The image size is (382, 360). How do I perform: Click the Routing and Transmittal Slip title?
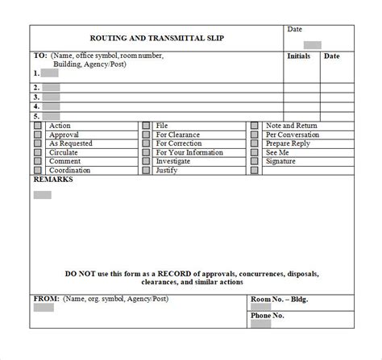[x=156, y=38]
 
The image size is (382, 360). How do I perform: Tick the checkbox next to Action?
[x=38, y=126]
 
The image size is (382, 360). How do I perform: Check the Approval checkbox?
[x=38, y=135]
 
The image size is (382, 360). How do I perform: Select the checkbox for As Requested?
[x=38, y=144]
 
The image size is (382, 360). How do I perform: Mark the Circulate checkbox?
[x=38, y=153]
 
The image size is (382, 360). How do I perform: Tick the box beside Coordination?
[x=38, y=171]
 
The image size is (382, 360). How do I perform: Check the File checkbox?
[x=146, y=126]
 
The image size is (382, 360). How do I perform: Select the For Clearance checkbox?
[x=146, y=135]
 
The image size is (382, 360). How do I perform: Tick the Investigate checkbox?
[x=146, y=162]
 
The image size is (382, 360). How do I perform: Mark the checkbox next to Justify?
[x=146, y=171]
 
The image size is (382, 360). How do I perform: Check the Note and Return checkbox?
[x=255, y=126]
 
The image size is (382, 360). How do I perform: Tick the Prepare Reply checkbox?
[x=255, y=144]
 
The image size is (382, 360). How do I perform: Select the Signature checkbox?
[x=255, y=162]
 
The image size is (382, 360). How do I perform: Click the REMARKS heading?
[x=53, y=180]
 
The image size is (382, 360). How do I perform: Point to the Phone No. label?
[x=268, y=316]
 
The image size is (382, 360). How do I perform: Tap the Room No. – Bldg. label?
[x=280, y=300]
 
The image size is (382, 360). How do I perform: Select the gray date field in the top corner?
[x=313, y=45]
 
